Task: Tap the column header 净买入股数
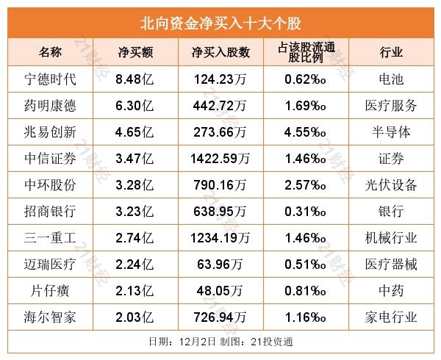(x=220, y=51)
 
